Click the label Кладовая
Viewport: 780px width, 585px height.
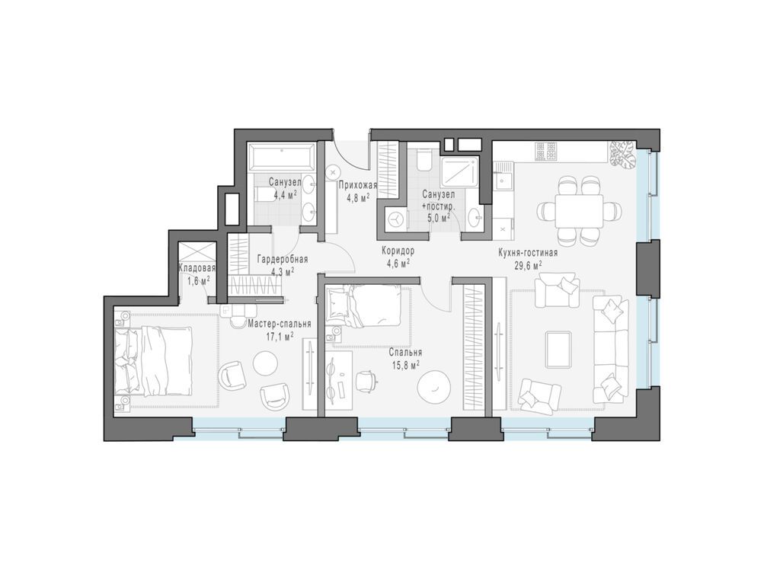pyautogui.click(x=197, y=268)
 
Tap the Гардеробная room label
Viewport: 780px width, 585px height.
pyautogui.click(x=282, y=259)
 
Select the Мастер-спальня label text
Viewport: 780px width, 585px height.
pyautogui.click(x=280, y=324)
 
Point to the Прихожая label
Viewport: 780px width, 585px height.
pyautogui.click(x=354, y=184)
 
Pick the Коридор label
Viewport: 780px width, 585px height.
pyautogui.click(x=398, y=251)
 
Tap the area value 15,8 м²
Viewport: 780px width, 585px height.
pyautogui.click(x=404, y=365)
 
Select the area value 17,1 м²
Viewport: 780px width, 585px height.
pyautogui.click(x=280, y=336)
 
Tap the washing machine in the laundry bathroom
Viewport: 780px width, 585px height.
pyautogui.click(x=395, y=219)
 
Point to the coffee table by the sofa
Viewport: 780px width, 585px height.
pyautogui.click(x=561, y=347)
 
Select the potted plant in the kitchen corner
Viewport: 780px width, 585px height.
pyautogui.click(x=621, y=152)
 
